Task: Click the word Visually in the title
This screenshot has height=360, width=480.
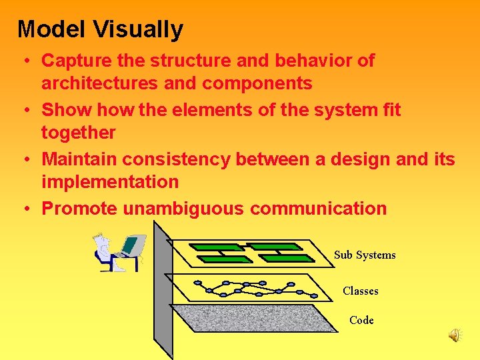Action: point(138,29)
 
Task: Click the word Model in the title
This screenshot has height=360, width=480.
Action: point(53,29)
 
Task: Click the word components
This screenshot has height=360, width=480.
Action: point(257,83)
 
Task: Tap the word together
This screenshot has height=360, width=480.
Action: point(79,133)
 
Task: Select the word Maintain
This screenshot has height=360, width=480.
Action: point(81,159)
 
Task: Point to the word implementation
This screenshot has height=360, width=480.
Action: point(110,182)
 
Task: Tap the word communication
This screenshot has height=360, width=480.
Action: point(318,209)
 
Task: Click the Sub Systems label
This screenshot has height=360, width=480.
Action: point(365,255)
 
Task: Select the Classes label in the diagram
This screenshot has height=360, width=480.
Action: point(360,291)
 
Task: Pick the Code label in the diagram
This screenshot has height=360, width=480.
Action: point(361,320)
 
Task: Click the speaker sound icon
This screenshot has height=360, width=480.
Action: point(455,335)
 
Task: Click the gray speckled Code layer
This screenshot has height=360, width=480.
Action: point(253,319)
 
